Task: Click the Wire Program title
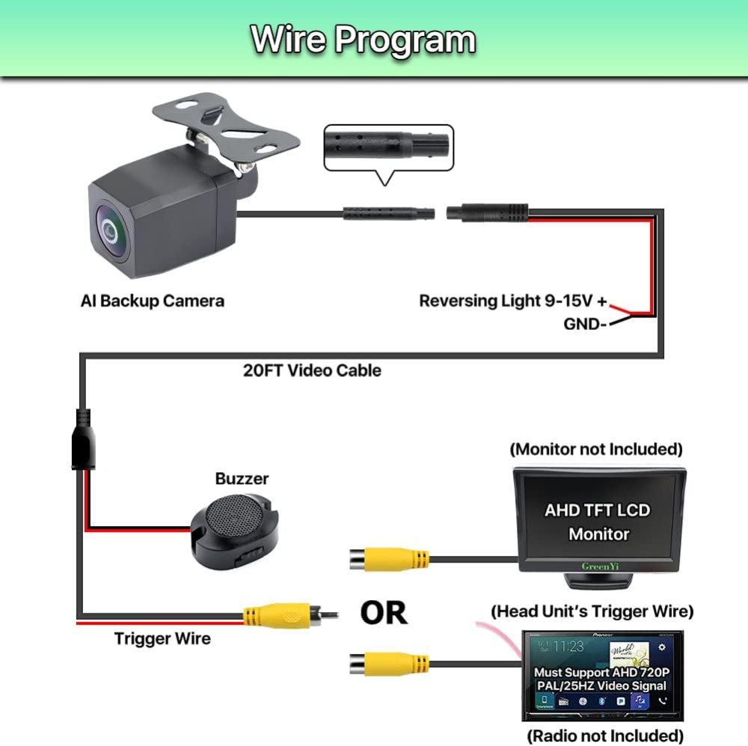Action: pos(364,39)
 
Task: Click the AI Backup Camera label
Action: pos(153,301)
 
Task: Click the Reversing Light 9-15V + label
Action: pos(513,301)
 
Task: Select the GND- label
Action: pos(584,324)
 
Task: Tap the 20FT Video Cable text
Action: pos(312,370)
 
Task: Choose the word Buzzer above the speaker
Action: pos(242,478)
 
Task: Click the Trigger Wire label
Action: pos(162,638)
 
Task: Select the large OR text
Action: pos(384,612)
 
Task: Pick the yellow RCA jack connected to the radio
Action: pos(389,663)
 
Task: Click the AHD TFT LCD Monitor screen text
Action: pos(597,522)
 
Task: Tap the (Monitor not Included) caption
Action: pos(596,449)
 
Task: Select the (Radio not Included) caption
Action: pos(605,735)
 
